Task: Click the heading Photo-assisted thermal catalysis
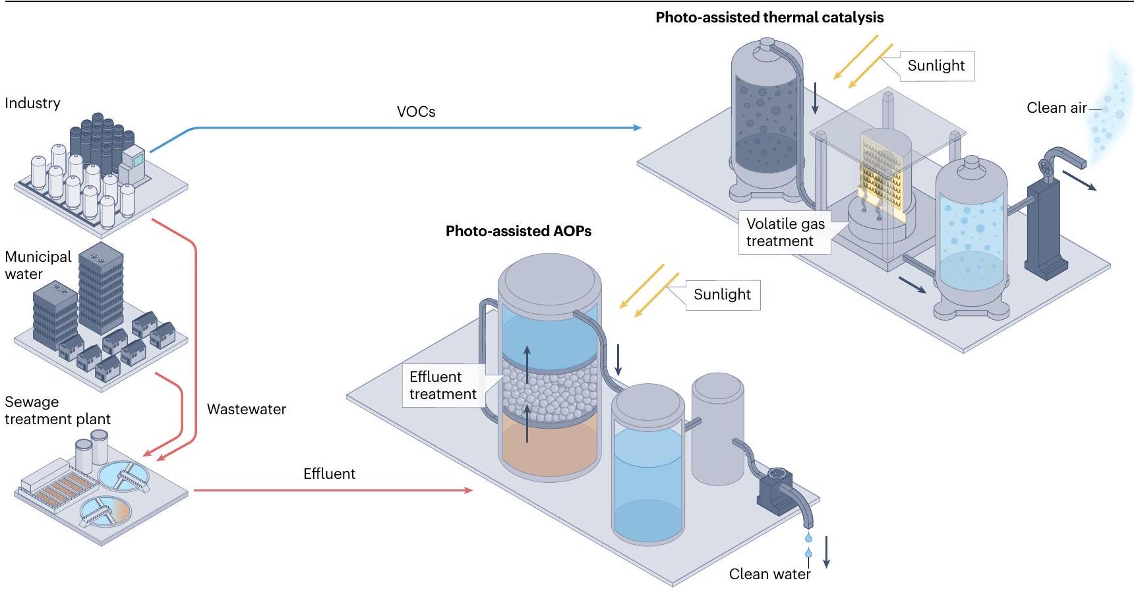pyautogui.click(x=769, y=18)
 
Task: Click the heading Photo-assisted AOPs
pyautogui.click(x=518, y=231)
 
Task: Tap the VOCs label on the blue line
pyautogui.click(x=416, y=111)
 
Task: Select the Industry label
pyautogui.click(x=32, y=103)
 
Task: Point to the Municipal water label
pyautogui.click(x=38, y=265)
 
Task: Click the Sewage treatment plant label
pyautogui.click(x=57, y=410)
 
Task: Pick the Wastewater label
pyautogui.click(x=246, y=409)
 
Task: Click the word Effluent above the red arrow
pyautogui.click(x=329, y=474)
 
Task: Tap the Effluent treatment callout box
pyautogui.click(x=442, y=385)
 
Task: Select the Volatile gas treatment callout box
pyautogui.click(x=785, y=232)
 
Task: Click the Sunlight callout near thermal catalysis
pyautogui.click(x=936, y=65)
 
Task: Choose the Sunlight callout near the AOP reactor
pyautogui.click(x=722, y=294)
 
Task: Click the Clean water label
pyautogui.click(x=769, y=574)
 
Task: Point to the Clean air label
pyautogui.click(x=1056, y=108)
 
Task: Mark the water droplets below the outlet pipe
pyautogui.click(x=809, y=545)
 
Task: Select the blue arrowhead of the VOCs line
pyautogui.click(x=637, y=127)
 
